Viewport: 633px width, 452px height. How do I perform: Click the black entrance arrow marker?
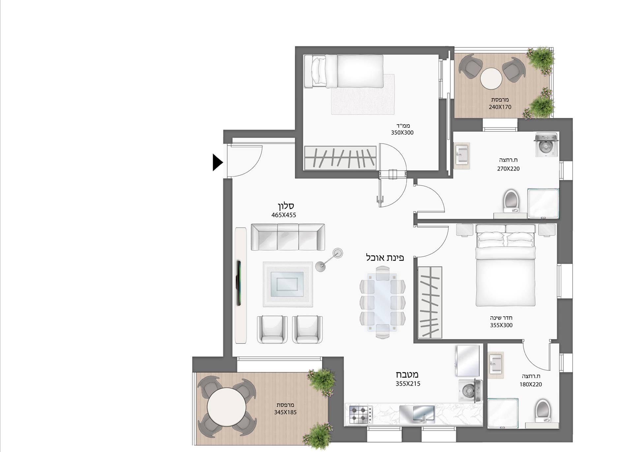coord(217,162)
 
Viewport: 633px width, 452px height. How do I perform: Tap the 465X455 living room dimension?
coord(284,215)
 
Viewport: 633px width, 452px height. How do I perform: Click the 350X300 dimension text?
coord(402,133)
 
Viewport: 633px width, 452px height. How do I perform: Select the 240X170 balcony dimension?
coord(500,107)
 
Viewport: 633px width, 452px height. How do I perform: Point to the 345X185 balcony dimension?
coord(285,412)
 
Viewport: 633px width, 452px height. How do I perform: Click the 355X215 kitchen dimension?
coord(408,383)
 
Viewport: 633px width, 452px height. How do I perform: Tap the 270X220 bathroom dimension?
coord(508,169)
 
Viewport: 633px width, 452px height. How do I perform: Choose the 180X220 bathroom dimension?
coord(530,384)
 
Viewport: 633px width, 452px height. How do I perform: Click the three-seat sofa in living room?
coord(287,237)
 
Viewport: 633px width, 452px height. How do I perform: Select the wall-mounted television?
coord(238,283)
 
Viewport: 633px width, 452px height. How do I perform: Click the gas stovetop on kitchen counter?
coord(359,414)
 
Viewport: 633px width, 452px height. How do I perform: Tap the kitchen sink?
coord(417,414)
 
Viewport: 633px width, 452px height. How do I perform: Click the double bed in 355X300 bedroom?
coord(505,270)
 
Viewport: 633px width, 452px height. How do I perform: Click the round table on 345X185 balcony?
coord(226,407)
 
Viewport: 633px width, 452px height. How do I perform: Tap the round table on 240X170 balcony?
coord(491,79)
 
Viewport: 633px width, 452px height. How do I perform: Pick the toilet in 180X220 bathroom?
coord(543,410)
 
